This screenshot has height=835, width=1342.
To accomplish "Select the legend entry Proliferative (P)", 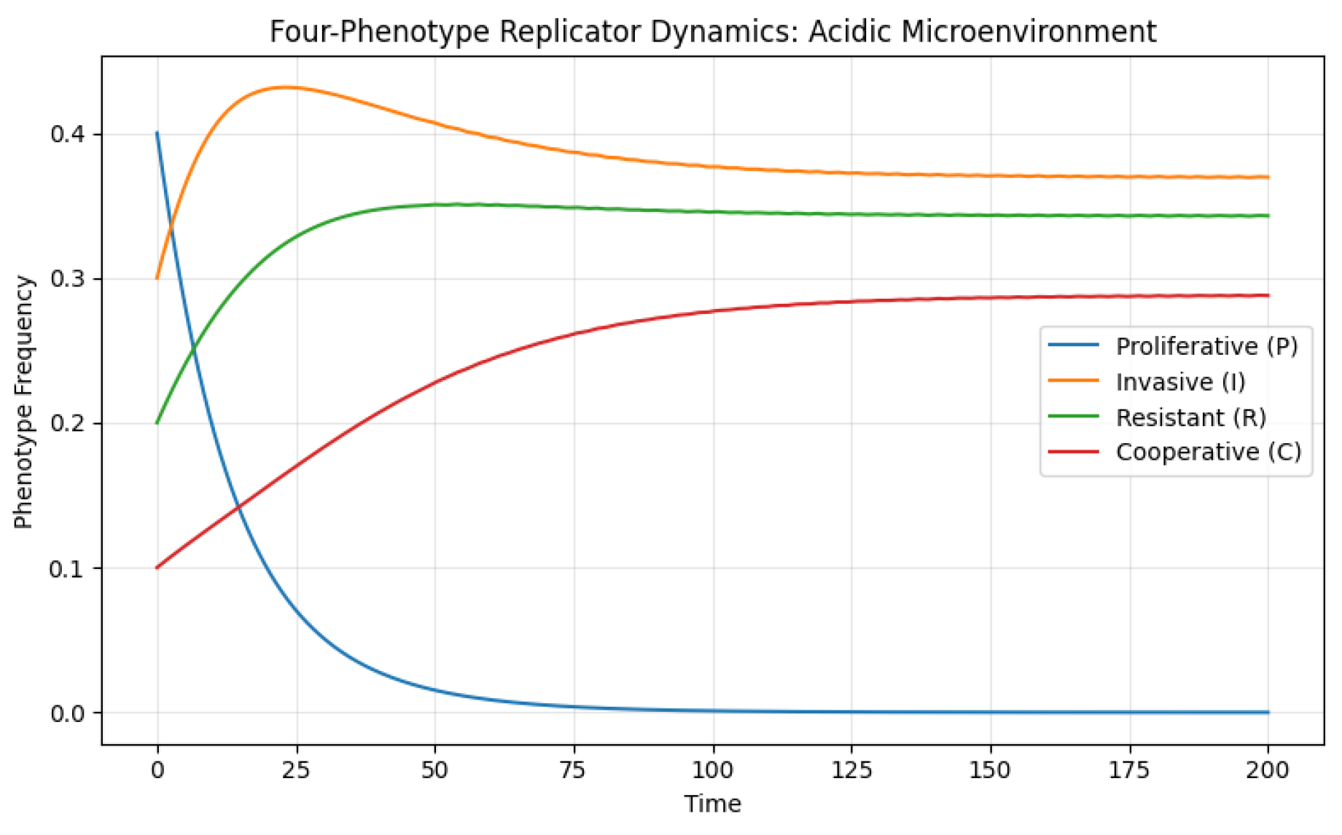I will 1206,345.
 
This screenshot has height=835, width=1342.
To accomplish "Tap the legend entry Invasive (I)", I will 1180,381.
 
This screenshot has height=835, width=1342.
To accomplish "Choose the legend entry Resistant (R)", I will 1190,417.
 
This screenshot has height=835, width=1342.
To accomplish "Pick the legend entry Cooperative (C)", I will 1208,452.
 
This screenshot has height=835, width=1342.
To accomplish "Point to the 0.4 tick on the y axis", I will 67,134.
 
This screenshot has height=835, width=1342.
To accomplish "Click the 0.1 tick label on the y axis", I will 67,568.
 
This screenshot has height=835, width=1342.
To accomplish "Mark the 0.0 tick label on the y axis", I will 67,713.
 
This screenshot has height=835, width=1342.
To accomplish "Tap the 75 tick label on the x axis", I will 574,769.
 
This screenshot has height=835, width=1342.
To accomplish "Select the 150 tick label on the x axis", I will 990,769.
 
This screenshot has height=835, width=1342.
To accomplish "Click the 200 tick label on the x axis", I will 1268,769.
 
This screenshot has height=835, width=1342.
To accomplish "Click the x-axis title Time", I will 712,804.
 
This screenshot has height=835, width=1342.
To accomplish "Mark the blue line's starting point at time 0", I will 157,133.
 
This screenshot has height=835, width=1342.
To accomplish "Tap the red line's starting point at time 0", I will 157,568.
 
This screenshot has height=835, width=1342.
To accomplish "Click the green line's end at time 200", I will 1268,216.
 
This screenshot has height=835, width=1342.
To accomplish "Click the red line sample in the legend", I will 1073,452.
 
